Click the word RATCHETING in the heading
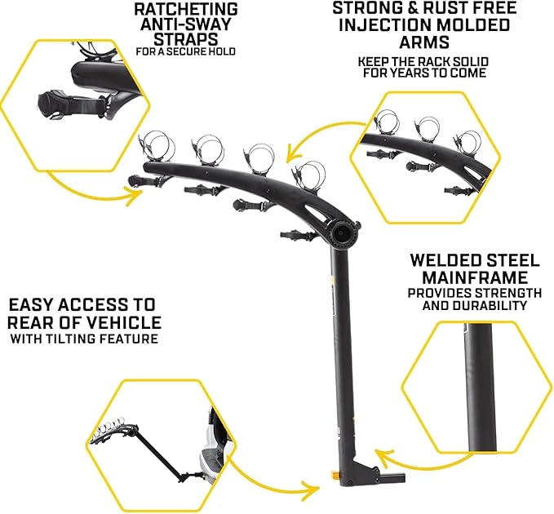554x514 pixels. pos(186,9)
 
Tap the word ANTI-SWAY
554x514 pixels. pos(186,24)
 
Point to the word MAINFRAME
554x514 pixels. pos(475,277)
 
